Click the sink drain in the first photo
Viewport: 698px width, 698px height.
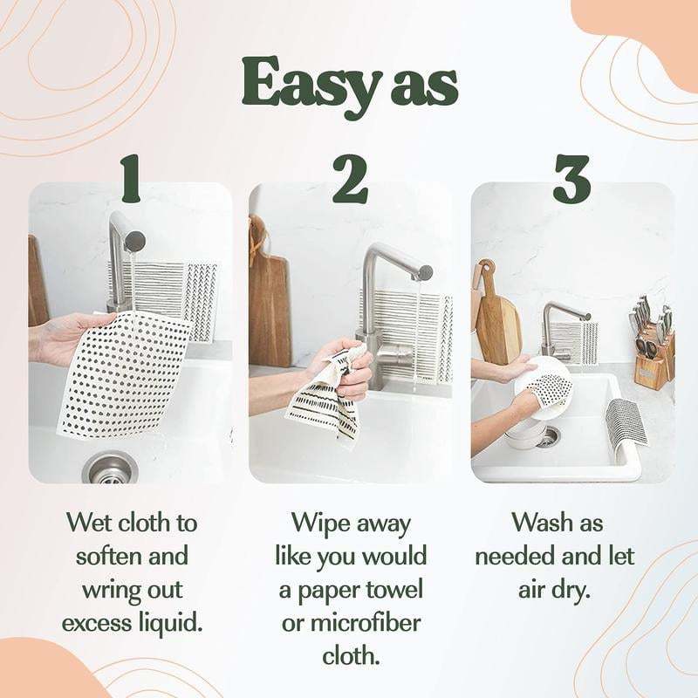110,467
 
